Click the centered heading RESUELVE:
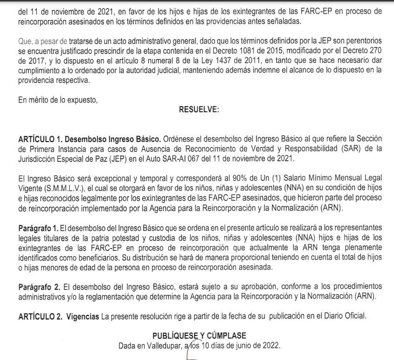click(199, 110)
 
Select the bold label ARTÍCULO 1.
click(39, 139)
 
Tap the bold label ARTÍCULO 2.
click(39, 317)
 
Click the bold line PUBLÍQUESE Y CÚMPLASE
click(199, 335)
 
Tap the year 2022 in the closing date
click(270, 345)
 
